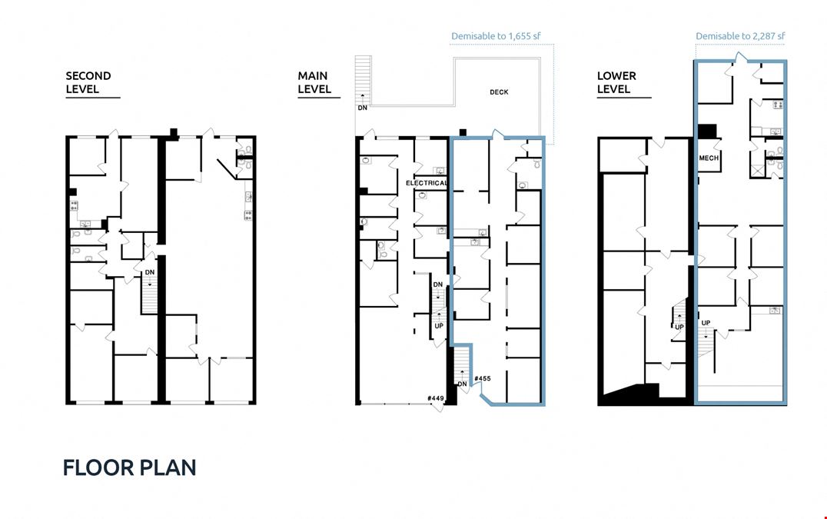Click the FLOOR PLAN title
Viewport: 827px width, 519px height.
pos(129,467)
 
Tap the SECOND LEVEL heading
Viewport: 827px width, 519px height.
pos(88,82)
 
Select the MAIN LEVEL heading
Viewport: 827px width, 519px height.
pos(314,82)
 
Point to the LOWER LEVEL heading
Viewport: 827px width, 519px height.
pos(616,82)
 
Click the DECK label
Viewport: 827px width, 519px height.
pos(499,92)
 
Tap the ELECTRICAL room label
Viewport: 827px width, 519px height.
pos(427,183)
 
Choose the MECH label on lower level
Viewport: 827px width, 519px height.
pos(709,158)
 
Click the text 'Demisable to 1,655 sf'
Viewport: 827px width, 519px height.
pos(496,36)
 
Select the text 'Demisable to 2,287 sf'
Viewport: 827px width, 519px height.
pos(740,36)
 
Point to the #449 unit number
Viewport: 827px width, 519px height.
pos(436,398)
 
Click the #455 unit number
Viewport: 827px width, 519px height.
pos(482,378)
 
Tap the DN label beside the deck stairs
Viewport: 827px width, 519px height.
pos(362,108)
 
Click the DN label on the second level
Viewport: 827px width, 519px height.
pos(150,272)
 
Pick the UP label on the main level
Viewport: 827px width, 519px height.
pos(439,326)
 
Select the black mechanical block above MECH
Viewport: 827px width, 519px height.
pos(707,131)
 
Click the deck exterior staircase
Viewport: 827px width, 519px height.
pos(363,79)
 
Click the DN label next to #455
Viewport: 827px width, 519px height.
pos(462,384)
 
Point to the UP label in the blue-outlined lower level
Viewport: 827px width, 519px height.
pos(706,323)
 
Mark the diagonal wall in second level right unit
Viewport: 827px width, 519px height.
pos(226,168)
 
